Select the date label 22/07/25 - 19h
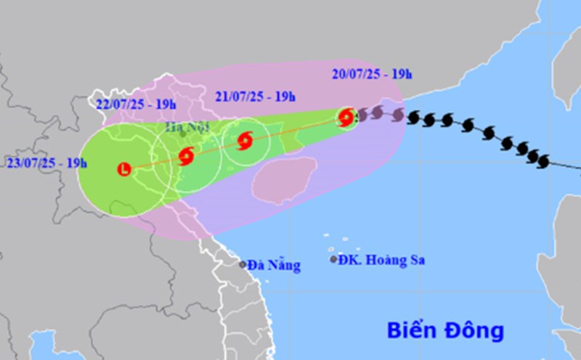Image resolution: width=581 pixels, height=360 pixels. tap(132, 104)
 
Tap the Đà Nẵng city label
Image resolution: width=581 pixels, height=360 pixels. tap(274, 265)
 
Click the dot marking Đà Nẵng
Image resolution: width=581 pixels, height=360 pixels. tap(243, 264)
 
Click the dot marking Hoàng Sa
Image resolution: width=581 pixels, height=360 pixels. tap(334, 259)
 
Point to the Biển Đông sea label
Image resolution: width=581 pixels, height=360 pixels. tap(444, 330)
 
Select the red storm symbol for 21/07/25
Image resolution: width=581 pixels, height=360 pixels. tap(246, 140)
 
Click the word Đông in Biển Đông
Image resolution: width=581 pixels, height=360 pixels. tap(474, 330)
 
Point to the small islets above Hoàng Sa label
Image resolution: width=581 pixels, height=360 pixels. tap(334, 240)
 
